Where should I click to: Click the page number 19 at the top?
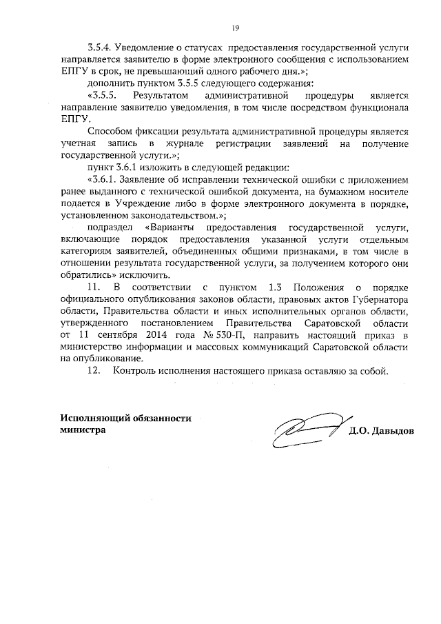[x=234, y=28]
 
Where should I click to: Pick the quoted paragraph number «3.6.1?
[x=103, y=181]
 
